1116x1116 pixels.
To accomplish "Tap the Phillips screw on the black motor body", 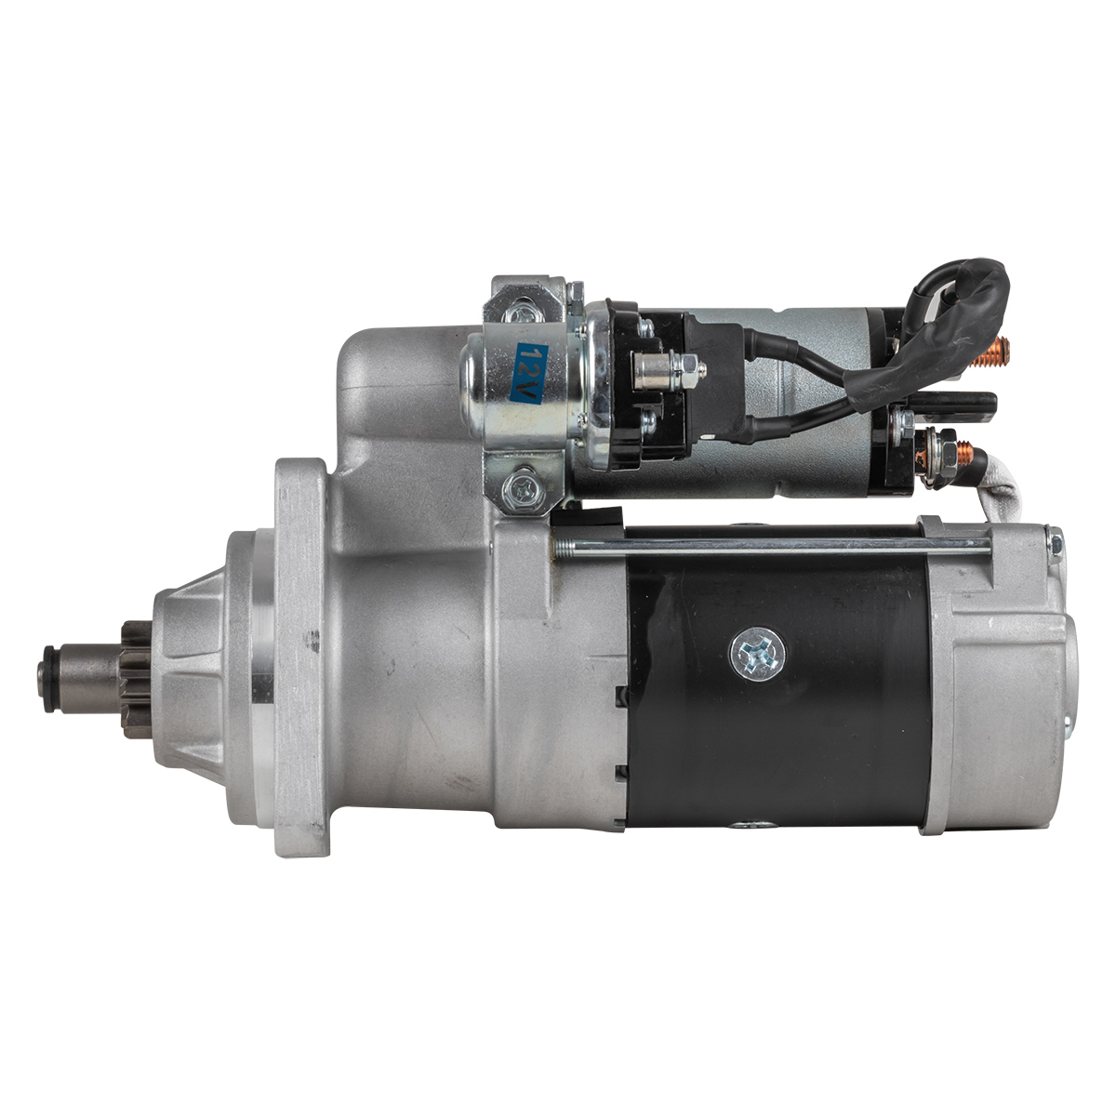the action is coord(758,655).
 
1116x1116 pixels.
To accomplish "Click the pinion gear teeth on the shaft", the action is coord(138,678).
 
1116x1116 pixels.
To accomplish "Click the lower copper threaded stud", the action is coord(963,454).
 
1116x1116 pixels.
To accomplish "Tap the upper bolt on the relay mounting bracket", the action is coord(518,315).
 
